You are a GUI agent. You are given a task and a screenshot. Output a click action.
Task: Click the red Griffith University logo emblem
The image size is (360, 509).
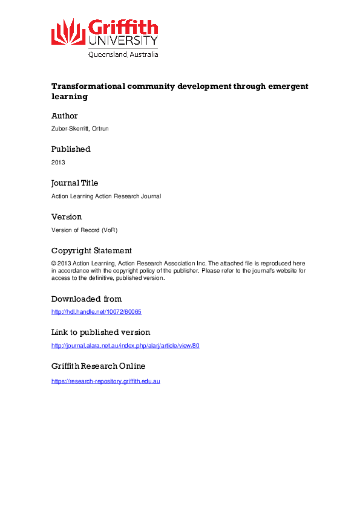(x=68, y=32)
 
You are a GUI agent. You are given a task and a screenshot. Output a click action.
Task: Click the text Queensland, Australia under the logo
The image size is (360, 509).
(x=123, y=54)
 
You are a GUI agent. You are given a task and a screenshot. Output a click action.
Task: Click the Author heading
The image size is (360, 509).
(x=65, y=116)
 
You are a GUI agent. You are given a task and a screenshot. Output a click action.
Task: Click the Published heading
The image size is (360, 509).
(x=71, y=149)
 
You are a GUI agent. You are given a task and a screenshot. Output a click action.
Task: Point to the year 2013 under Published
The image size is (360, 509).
(x=58, y=163)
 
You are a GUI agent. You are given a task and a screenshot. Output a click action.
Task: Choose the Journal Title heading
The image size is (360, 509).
(x=74, y=183)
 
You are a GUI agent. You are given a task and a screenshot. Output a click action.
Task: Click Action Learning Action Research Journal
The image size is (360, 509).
(x=106, y=196)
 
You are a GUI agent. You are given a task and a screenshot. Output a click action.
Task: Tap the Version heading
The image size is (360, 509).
(x=67, y=217)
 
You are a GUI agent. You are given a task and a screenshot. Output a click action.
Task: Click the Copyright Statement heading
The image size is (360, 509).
(x=91, y=251)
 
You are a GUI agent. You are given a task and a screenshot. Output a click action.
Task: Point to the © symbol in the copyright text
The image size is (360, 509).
(x=54, y=264)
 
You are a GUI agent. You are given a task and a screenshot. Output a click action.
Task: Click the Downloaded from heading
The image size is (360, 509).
(x=87, y=299)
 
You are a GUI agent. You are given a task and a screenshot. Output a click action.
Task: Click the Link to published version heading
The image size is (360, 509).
(x=100, y=332)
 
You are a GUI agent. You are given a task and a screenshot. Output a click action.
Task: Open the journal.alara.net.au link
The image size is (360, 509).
(x=125, y=346)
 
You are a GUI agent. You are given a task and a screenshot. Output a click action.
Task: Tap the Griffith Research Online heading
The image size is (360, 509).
(x=98, y=366)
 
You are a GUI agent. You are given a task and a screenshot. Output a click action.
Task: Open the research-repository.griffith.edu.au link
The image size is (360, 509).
(x=105, y=381)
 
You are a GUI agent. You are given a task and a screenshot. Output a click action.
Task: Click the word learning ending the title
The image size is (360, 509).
(x=70, y=97)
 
